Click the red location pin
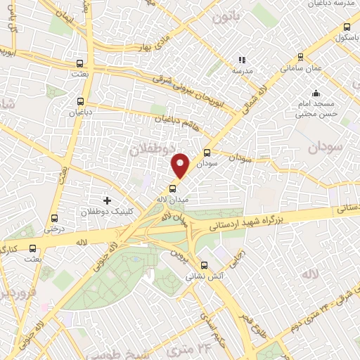click(x=181, y=166)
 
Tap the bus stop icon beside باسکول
click(x=347, y=27)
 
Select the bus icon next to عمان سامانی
click(x=301, y=57)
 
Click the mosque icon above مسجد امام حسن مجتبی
click(x=316, y=92)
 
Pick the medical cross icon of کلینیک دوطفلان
click(x=107, y=200)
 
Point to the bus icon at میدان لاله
click(x=173, y=188)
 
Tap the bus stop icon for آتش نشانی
click(x=204, y=265)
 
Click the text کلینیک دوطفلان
click(x=82, y=212)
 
